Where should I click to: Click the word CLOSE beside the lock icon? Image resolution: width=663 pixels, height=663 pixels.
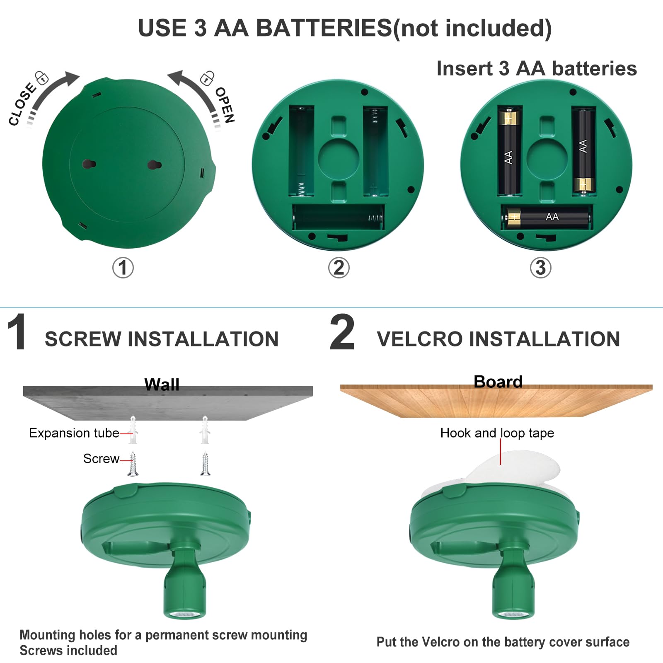[x=22, y=104]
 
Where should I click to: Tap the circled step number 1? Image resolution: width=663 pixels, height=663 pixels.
[x=123, y=268]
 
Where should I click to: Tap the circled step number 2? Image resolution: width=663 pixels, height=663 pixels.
[x=339, y=268]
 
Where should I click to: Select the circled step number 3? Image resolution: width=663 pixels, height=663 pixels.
[x=541, y=268]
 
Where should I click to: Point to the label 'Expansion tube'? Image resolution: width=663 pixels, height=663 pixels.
[x=74, y=433]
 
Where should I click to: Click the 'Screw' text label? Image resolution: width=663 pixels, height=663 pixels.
[x=101, y=459]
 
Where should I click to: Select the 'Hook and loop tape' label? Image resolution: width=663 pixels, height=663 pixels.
[x=497, y=433]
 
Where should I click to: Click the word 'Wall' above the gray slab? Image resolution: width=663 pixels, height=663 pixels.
[x=162, y=385]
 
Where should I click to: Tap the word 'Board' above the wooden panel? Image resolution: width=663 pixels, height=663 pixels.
[x=498, y=382]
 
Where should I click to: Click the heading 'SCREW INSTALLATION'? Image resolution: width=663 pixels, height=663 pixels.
[x=162, y=339]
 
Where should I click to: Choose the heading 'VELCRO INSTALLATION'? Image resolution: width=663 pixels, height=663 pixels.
[x=498, y=339]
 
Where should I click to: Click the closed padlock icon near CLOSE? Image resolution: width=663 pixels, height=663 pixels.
[x=41, y=77]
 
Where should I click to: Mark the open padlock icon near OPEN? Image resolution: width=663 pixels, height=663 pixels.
[x=207, y=78]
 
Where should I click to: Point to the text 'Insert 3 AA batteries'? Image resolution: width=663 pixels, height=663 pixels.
[x=537, y=68]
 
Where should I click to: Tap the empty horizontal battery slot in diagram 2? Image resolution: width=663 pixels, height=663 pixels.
[x=338, y=217]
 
